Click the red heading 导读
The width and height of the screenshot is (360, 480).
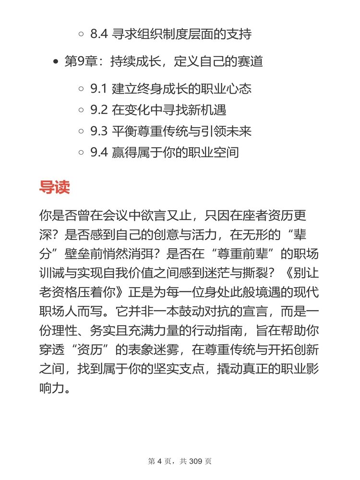[x=54, y=187]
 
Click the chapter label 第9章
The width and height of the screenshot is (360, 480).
[x=79, y=62]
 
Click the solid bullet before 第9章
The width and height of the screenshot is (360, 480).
[x=56, y=62]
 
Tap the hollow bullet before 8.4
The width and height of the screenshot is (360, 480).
[x=81, y=35]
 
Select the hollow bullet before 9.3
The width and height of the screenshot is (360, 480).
[x=81, y=132]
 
